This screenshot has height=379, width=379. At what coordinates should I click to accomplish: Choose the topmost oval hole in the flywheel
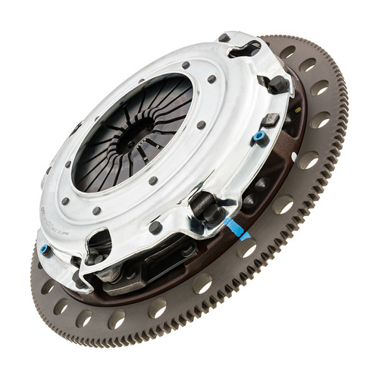[x=287, y=52]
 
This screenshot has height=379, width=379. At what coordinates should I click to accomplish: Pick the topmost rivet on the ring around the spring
[x=185, y=65]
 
